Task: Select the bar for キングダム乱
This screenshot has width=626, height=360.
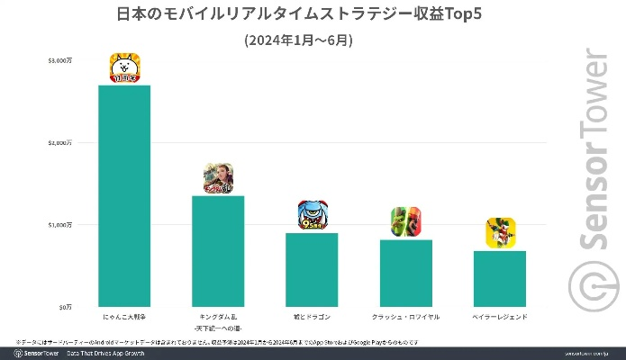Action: coord(219,250)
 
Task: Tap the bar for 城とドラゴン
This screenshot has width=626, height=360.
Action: coord(313,269)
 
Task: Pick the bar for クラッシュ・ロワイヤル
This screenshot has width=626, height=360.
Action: coord(406,273)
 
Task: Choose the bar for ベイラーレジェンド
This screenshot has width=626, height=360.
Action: coord(500,278)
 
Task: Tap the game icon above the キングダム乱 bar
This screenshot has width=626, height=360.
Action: coord(219,179)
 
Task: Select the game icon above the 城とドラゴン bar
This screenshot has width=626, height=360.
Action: coord(313,216)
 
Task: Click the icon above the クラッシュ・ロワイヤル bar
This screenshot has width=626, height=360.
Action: coord(406,222)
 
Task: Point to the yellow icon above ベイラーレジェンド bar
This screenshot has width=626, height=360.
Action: coord(500,234)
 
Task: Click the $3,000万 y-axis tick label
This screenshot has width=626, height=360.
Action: coord(61,60)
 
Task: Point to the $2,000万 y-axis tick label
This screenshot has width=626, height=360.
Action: coord(61,142)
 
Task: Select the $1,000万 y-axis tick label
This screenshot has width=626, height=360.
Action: coord(61,224)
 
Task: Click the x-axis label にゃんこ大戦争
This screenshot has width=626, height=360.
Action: coord(124,318)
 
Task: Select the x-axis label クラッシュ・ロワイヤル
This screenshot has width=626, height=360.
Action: coord(406,318)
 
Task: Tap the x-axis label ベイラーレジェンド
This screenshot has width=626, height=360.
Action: coord(500,318)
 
